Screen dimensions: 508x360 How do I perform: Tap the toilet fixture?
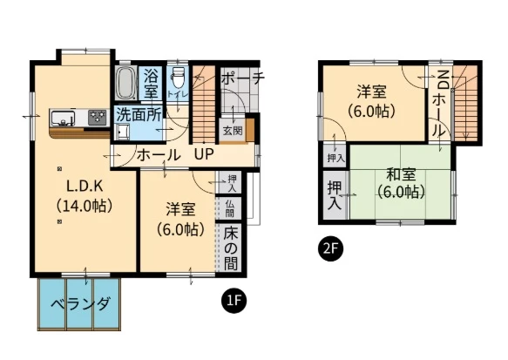tap(177, 77)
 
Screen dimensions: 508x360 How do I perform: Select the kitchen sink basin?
tap(63, 118)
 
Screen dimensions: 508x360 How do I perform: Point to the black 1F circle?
tap(234, 301)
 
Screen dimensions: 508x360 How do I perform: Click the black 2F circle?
tap(330, 248)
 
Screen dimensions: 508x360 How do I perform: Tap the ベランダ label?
tap(81, 304)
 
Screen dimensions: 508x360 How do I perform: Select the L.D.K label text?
tap(85, 187)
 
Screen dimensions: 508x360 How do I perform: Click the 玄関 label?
tap(233, 131)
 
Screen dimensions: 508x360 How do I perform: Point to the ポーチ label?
tap(243, 78)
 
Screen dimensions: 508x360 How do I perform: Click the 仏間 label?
tap(230, 208)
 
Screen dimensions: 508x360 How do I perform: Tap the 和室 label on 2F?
tap(401, 175)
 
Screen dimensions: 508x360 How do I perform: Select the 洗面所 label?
tap(139, 114)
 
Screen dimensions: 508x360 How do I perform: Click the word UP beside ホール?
tap(204, 154)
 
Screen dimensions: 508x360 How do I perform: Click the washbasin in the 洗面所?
tap(123, 132)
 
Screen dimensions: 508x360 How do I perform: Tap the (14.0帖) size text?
tap(85, 206)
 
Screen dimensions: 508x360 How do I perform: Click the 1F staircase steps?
tap(204, 104)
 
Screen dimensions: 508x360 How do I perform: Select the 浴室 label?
tap(151, 84)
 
